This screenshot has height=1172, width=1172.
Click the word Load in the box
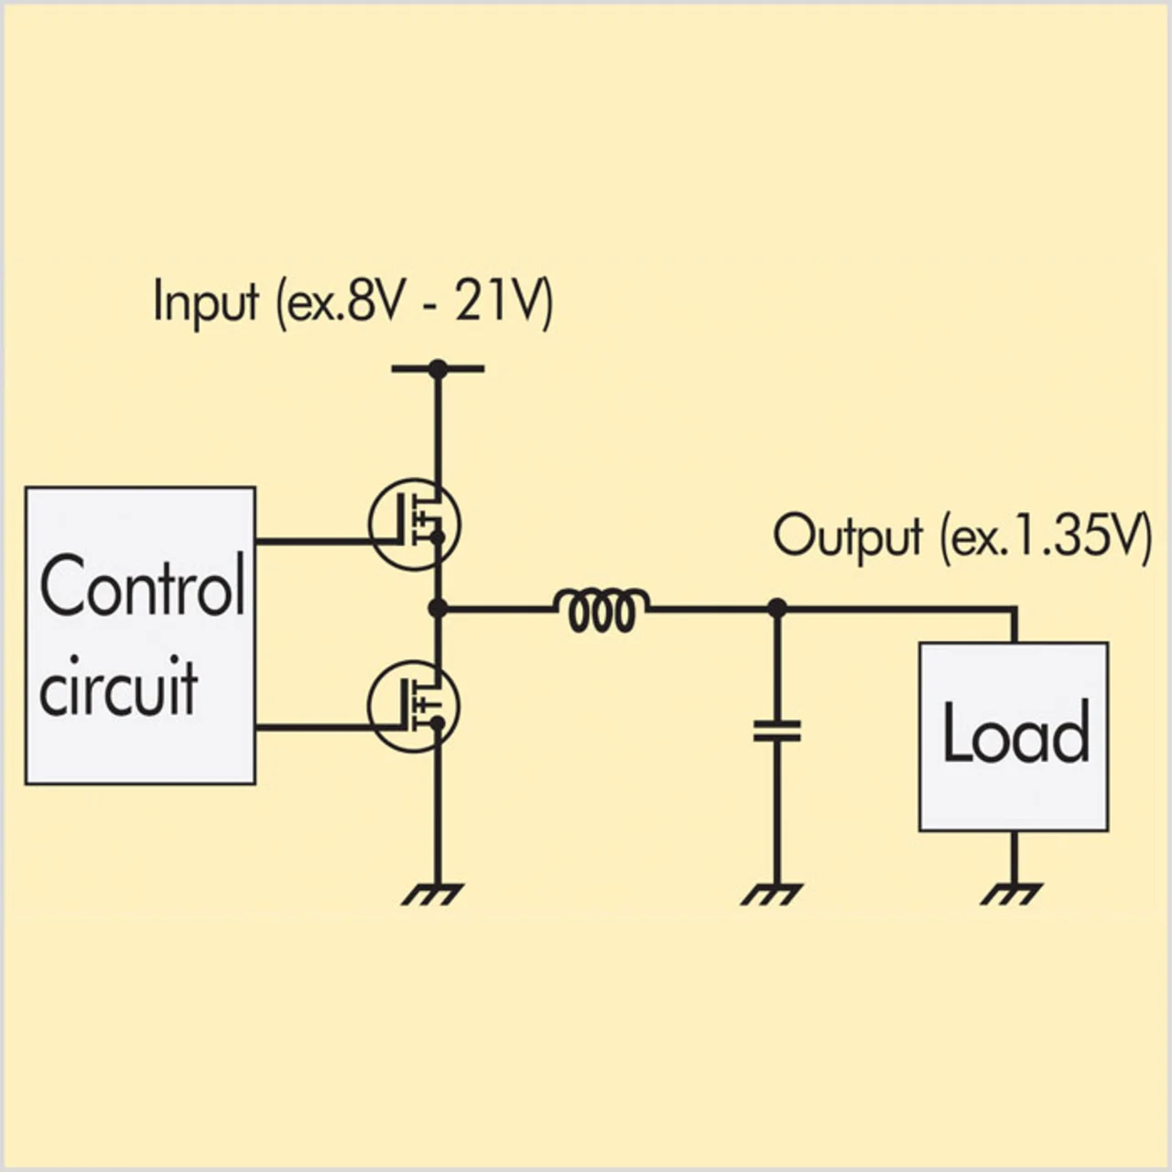coord(1015,732)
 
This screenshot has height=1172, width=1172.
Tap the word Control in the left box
coord(142,586)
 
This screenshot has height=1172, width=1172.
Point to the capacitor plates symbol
coord(776,731)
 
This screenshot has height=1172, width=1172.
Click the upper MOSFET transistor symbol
coord(415,525)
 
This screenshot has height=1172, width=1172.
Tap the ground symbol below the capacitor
coord(772,893)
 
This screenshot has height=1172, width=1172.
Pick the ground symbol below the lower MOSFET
coord(433,893)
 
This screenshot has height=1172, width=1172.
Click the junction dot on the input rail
coord(438,369)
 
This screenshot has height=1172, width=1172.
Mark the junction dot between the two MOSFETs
coord(438,607)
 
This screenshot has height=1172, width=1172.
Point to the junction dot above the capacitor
coord(776,607)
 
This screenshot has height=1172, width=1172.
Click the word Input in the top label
coord(206,302)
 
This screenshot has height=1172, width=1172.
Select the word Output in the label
coord(847,537)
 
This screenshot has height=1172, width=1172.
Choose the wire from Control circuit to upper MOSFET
coord(311,541)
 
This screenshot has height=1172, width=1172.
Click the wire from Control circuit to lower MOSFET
coord(311,728)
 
